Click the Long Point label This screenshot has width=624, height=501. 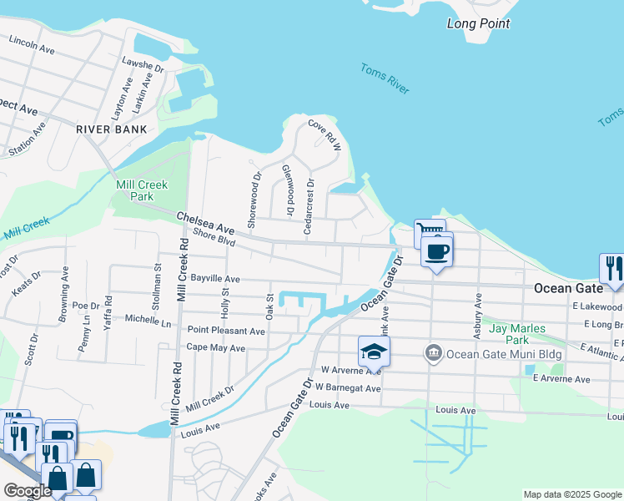478,23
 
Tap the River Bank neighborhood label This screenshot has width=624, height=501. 111,129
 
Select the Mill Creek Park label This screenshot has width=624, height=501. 143,190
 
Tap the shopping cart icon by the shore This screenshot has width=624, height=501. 429,232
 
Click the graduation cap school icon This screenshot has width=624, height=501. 375,352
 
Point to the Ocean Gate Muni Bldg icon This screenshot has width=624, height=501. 433,353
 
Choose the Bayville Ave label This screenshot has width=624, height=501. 215,279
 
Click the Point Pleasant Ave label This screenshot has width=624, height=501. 226,331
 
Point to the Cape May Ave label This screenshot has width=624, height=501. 215,347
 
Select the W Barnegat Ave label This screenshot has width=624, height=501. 351,388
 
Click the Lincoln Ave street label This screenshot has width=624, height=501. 32,44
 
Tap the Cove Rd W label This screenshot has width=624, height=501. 325,134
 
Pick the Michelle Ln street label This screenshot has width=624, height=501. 148,320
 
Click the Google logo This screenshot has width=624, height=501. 27,491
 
